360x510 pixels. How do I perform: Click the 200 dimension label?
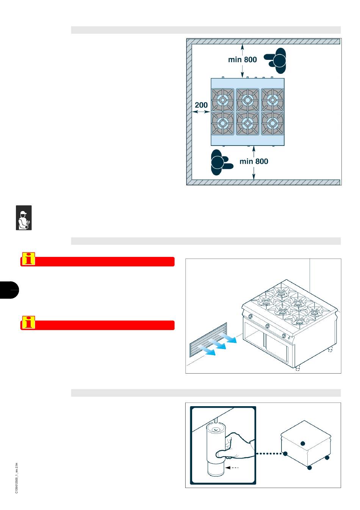201,105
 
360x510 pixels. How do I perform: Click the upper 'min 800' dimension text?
242,59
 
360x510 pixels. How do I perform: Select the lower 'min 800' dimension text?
254,161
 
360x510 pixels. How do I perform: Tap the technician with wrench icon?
23,217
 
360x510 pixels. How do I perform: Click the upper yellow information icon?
29,259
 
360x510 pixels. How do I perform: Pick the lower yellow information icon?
29,322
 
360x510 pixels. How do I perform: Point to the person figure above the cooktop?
275,61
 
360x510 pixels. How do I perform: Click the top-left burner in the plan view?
223,100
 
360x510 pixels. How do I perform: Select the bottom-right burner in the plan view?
272,124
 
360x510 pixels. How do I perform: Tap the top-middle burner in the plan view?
247,100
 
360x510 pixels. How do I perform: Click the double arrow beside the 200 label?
201,111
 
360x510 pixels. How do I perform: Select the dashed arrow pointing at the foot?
232,468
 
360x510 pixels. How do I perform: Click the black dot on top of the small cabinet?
303,443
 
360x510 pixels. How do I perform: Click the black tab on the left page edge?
9,290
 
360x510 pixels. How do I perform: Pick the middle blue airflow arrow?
217,344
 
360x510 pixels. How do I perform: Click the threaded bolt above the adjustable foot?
215,421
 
